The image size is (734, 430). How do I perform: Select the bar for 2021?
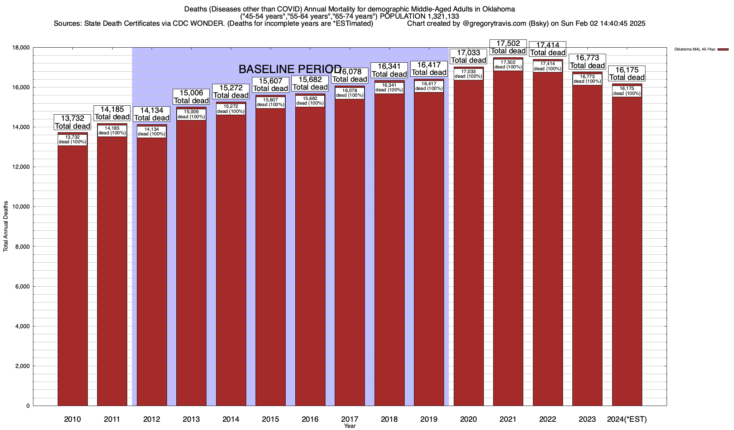(x=508, y=236)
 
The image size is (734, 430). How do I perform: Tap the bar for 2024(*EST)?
(x=627, y=251)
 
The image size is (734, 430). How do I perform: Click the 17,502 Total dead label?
(x=508, y=47)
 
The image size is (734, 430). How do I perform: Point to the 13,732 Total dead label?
(x=72, y=122)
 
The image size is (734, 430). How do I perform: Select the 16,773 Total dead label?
(x=587, y=62)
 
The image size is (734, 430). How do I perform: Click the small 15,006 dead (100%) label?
(x=191, y=114)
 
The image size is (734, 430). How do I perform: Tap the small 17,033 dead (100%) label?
(x=468, y=74)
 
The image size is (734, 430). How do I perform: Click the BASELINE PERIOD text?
(x=290, y=69)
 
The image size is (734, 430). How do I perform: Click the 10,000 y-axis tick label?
(x=22, y=207)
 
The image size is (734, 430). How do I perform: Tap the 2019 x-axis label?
(x=429, y=419)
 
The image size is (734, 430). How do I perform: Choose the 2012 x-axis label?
(x=152, y=419)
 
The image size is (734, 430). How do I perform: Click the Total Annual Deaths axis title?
(x=6, y=226)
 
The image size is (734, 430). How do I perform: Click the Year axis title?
(x=349, y=426)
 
